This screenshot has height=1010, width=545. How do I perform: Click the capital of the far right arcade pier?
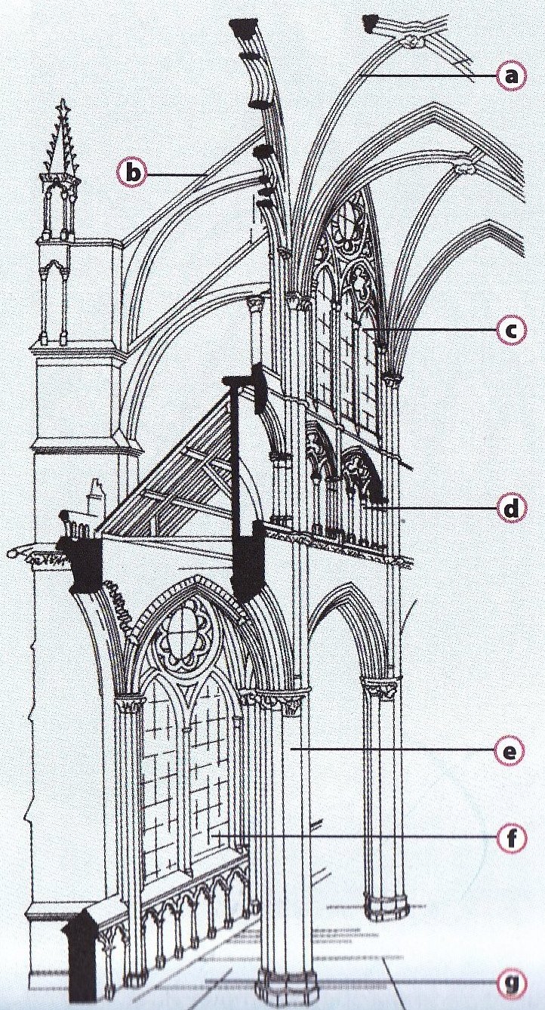coord(380,688)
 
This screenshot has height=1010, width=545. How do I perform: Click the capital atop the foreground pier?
coord(283,699)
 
